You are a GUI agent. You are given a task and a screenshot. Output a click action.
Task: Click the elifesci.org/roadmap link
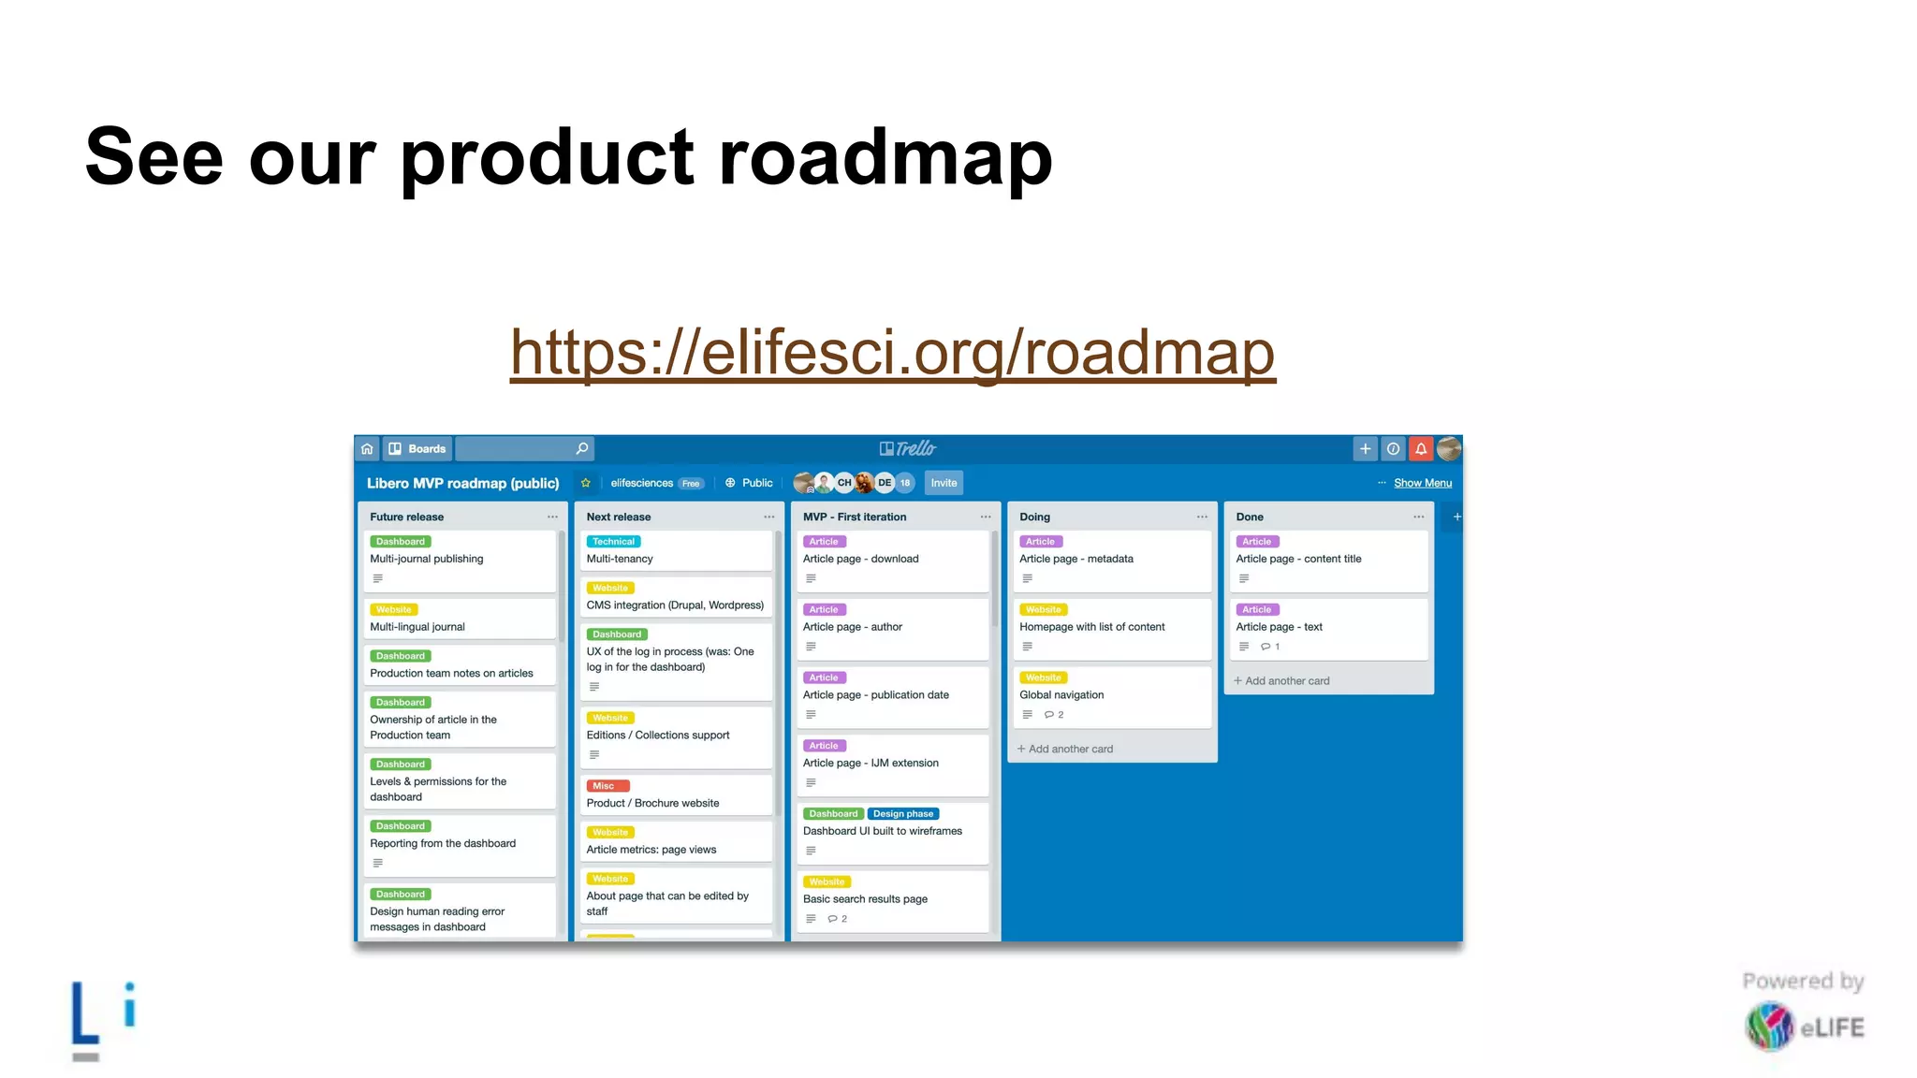tap(892, 353)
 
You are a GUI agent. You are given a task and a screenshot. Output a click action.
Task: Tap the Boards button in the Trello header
tap(417, 449)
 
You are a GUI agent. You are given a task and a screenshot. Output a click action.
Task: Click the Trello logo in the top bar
tap(907, 449)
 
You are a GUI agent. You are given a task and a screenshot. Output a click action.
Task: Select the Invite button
tap(944, 483)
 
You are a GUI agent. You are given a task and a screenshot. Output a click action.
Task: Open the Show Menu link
tap(1422, 483)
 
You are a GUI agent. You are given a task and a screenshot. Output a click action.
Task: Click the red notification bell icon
tap(1420, 449)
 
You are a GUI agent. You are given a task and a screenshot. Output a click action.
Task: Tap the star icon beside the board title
tap(586, 483)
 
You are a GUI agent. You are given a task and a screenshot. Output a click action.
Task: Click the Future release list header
tap(407, 517)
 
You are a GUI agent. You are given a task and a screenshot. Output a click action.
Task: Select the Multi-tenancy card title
tap(620, 559)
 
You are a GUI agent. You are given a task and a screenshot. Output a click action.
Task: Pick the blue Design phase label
tap(902, 814)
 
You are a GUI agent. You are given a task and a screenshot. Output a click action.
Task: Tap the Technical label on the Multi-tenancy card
tap(613, 542)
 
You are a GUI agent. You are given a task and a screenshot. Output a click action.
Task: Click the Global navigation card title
tap(1061, 695)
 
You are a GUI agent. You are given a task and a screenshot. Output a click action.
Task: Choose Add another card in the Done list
tap(1286, 681)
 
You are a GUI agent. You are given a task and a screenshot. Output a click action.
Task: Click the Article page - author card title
tap(853, 627)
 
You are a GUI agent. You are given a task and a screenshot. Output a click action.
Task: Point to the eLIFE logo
tap(1804, 1027)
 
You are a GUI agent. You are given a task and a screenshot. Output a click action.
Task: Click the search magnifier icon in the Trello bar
tap(582, 449)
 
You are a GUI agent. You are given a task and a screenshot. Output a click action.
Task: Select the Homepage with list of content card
tap(1091, 627)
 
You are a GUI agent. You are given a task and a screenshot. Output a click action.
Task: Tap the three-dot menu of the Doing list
tap(1202, 517)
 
